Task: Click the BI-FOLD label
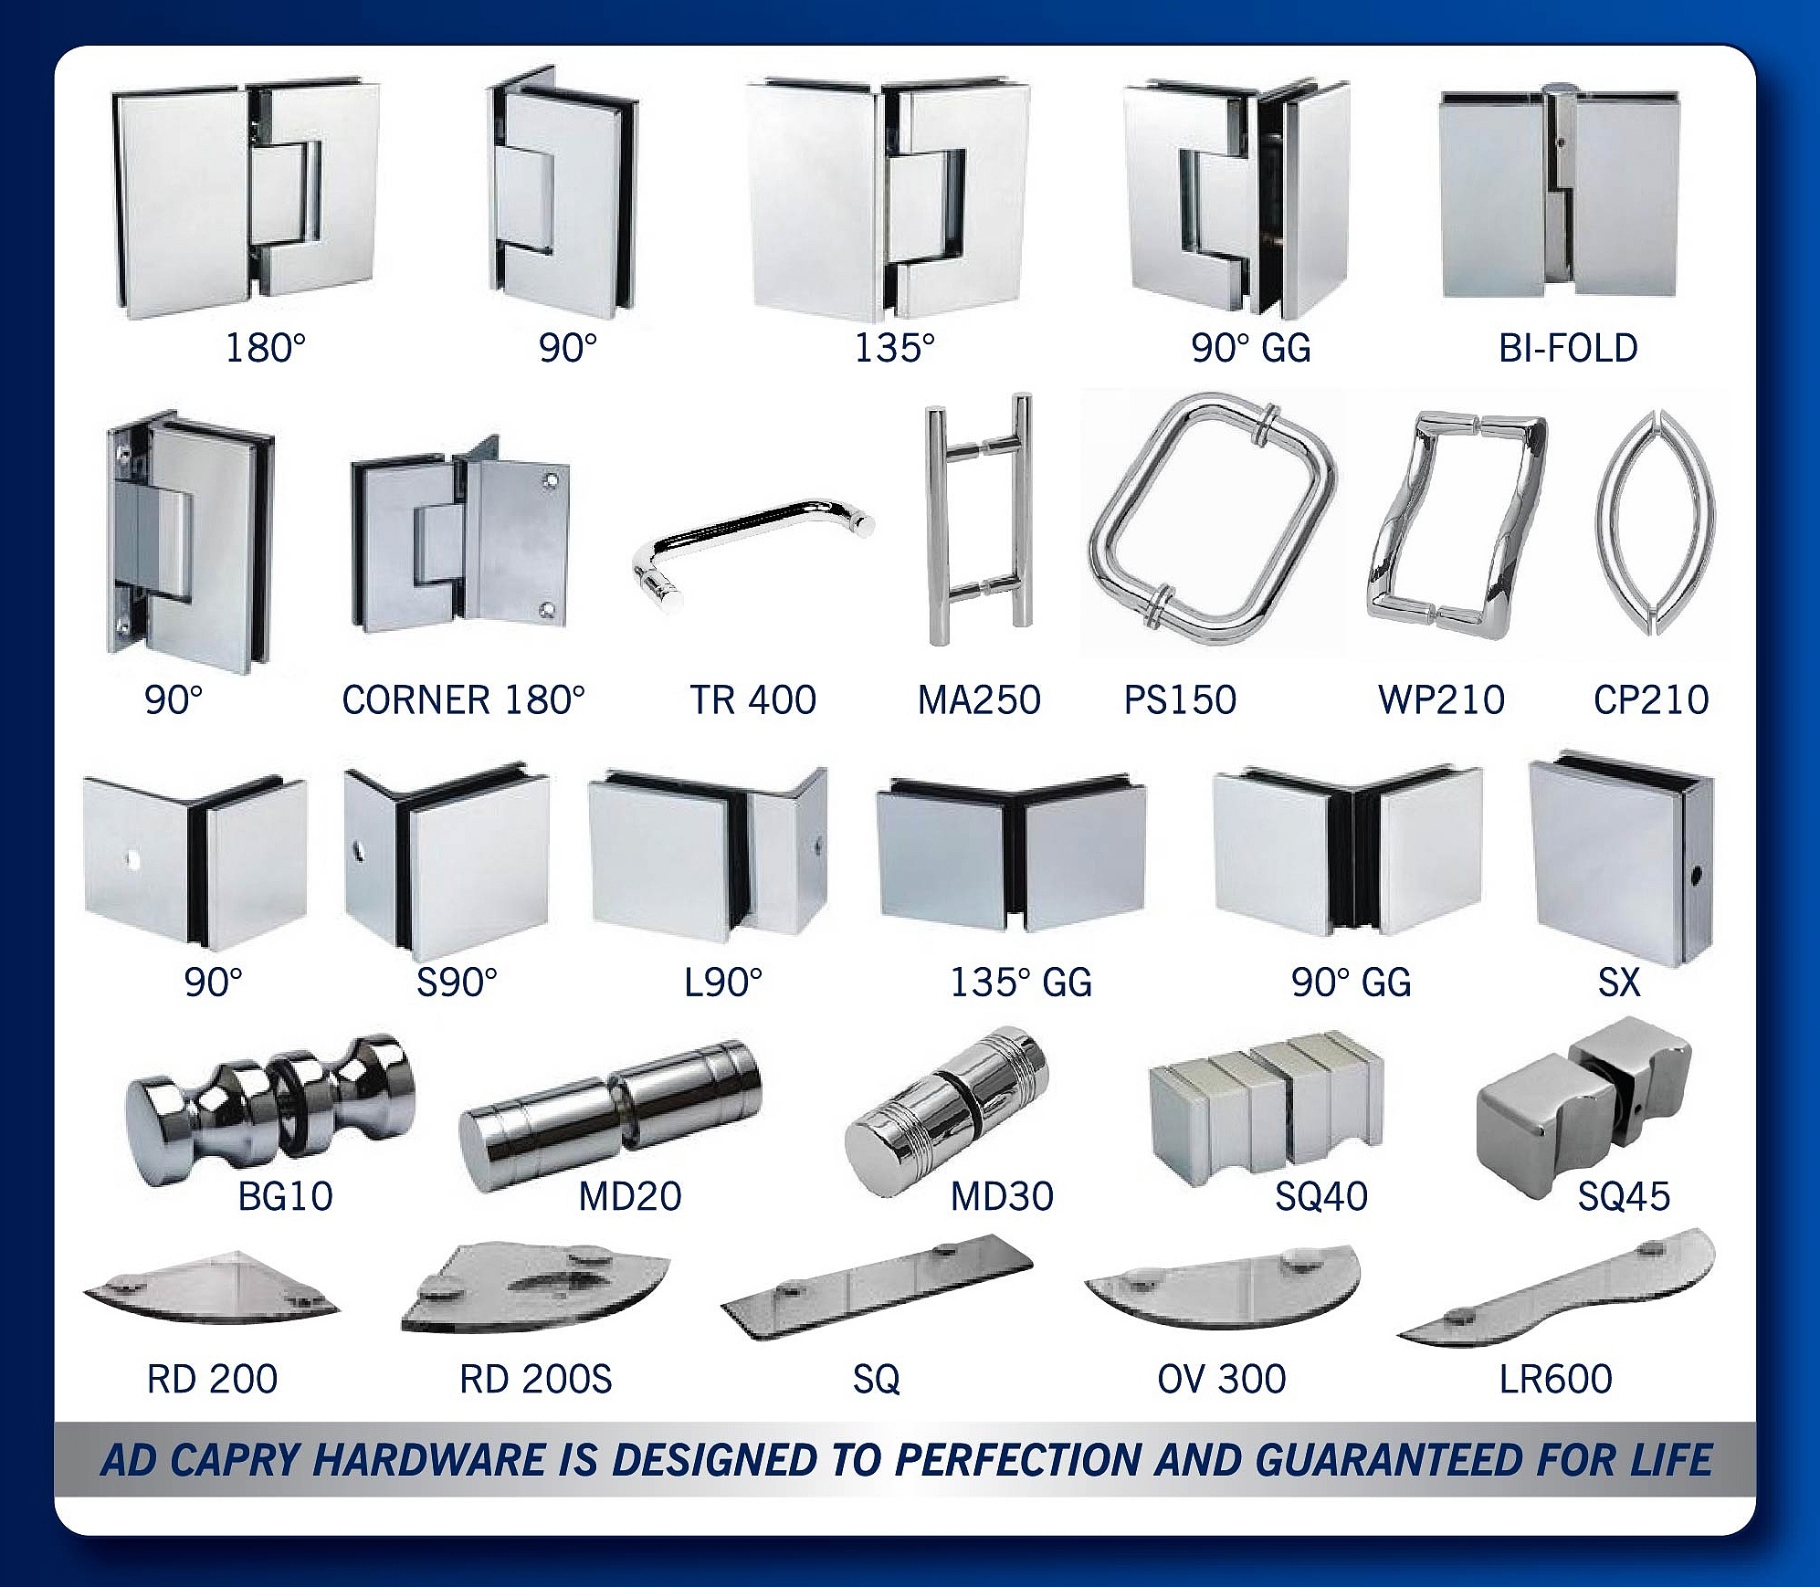tap(1568, 348)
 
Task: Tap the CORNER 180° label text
tap(463, 700)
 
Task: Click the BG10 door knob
tap(269, 1106)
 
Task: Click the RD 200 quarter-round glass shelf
tap(212, 1289)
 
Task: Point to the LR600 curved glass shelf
tap(1556, 1289)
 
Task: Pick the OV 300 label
tap(1222, 1379)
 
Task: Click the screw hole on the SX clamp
tap(1697, 878)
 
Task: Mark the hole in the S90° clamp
tap(358, 854)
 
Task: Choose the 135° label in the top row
tap(894, 348)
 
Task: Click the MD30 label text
tap(1002, 1196)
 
